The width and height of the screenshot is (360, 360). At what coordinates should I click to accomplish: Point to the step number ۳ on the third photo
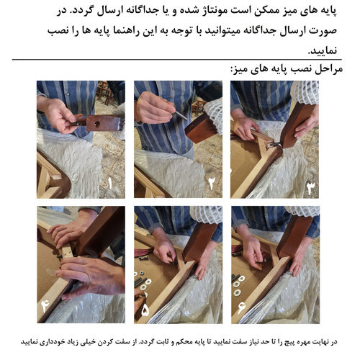[x=310, y=189]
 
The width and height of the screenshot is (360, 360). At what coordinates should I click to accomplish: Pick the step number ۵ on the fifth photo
[x=146, y=311]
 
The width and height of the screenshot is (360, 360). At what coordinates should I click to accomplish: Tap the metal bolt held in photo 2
[x=180, y=114]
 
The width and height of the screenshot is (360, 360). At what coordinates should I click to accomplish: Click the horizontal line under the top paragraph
[x=180, y=60]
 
